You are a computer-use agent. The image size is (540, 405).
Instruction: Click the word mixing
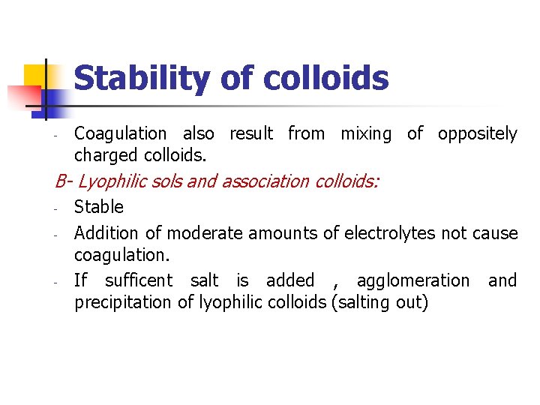point(366,134)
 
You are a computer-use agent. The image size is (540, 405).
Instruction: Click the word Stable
point(99,207)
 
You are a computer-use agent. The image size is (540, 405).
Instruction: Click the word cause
point(495,233)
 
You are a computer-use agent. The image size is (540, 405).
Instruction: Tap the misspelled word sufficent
point(139,280)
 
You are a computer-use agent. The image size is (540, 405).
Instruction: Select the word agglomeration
point(413,280)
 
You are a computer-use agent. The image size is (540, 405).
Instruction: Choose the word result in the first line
point(251,134)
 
